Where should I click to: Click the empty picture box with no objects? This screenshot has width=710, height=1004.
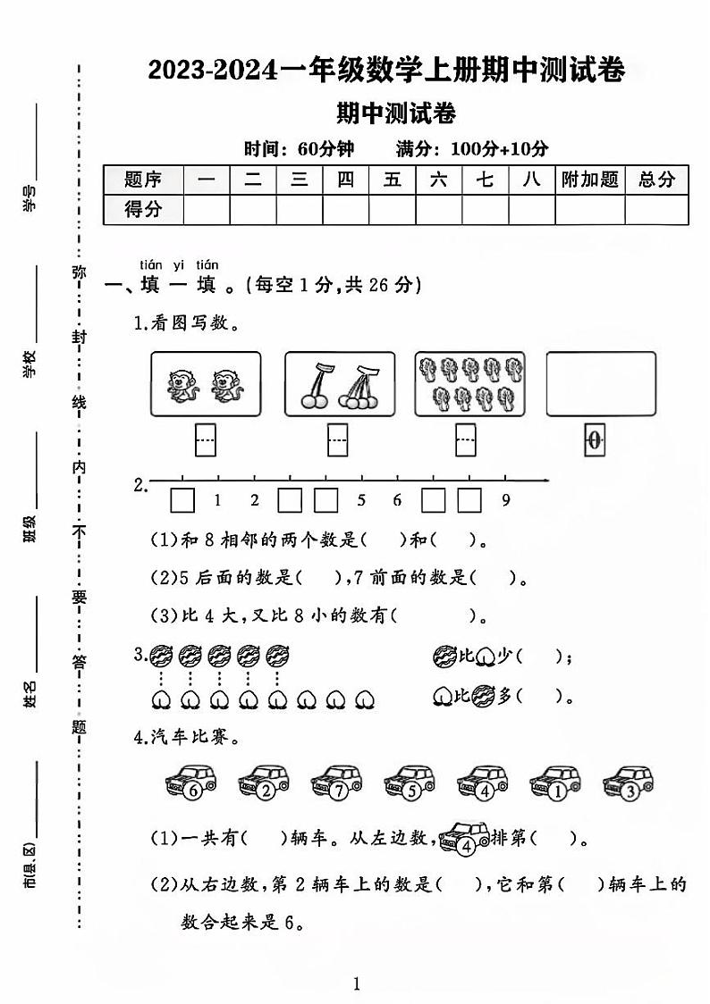click(x=601, y=383)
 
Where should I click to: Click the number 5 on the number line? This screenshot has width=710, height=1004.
click(x=361, y=500)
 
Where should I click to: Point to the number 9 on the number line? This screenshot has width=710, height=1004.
click(x=505, y=500)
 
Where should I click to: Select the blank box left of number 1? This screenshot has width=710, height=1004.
click(x=182, y=500)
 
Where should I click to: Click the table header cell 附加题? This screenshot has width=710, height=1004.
click(x=589, y=180)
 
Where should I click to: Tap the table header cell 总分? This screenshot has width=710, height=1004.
click(x=656, y=180)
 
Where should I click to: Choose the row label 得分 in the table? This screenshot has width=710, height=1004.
click(x=143, y=210)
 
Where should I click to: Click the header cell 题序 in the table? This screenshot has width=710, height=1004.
click(x=143, y=180)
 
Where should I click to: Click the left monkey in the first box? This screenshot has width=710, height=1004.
click(x=182, y=386)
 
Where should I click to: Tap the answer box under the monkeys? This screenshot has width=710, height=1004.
click(x=206, y=439)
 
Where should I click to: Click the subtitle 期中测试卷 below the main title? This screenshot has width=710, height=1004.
click(x=395, y=113)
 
